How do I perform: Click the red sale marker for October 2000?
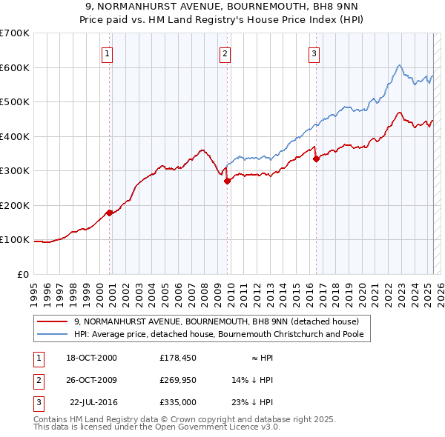pyautogui.click(x=110, y=213)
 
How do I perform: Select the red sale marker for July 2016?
pyautogui.click(x=316, y=159)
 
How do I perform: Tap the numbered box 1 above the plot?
pyautogui.click(x=108, y=53)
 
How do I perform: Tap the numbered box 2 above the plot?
pyautogui.click(x=225, y=53)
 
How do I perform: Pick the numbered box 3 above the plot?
pyautogui.click(x=314, y=53)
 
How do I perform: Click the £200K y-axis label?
pyautogui.click(x=14, y=205)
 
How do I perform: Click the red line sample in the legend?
pyautogui.click(x=53, y=321)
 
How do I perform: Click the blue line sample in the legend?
pyautogui.click(x=53, y=335)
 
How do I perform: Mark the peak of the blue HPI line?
pyautogui.click(x=399, y=65)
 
